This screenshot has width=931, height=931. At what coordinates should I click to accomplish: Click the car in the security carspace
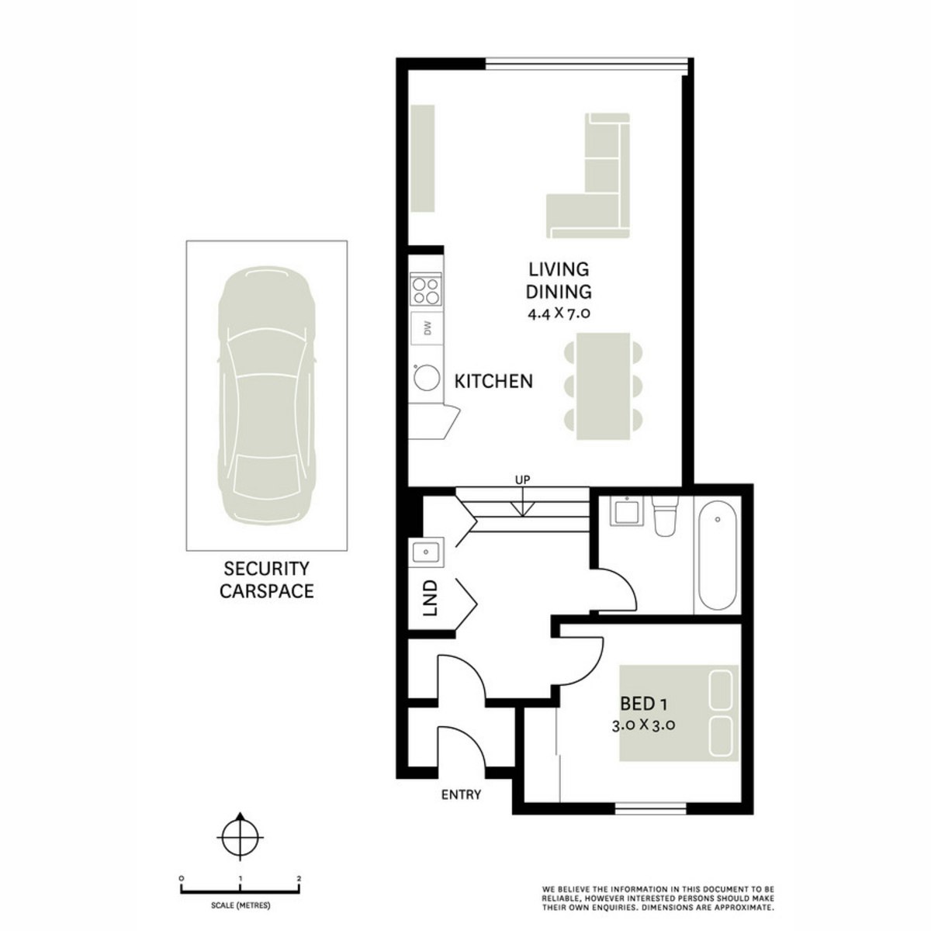coord(267,396)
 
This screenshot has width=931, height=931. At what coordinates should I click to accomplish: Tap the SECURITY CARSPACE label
coord(266,580)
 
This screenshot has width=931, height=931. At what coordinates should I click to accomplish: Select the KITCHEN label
coord(493,381)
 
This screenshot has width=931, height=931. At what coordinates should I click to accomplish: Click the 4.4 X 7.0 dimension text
coord(559,314)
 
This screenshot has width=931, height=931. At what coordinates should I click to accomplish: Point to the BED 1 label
coord(644,704)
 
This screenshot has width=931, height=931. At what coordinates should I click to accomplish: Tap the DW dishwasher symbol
coord(426,328)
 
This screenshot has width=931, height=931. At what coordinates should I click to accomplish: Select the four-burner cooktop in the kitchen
coord(425,290)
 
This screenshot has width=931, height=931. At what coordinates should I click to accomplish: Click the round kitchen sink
coord(425,379)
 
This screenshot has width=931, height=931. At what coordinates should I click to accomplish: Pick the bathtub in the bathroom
coord(717,556)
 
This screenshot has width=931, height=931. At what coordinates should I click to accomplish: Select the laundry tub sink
coord(425,552)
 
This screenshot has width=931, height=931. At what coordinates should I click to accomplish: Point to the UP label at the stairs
coord(523,479)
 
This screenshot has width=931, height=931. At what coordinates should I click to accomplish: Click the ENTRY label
coord(461,794)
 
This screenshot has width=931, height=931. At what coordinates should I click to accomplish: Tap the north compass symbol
coord(241,836)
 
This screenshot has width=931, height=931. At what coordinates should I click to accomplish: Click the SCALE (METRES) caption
coord(241,905)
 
